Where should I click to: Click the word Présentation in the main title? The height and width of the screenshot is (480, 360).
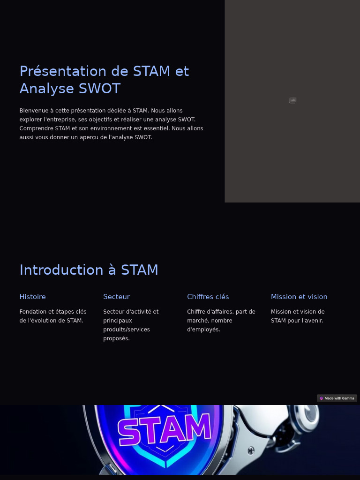pyautogui.click(x=63, y=71)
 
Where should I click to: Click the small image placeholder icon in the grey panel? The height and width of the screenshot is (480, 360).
pyautogui.click(x=292, y=100)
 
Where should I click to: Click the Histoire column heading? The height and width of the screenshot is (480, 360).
pyautogui.click(x=32, y=297)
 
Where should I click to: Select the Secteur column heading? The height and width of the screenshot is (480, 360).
pyautogui.click(x=116, y=297)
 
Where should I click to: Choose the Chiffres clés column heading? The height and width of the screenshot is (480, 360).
pyautogui.click(x=208, y=297)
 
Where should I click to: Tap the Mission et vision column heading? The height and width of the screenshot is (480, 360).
pyautogui.click(x=299, y=297)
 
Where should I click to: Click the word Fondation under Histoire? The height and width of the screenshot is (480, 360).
pyautogui.click(x=33, y=312)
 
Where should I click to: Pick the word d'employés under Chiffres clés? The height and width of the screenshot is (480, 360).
pyautogui.click(x=203, y=330)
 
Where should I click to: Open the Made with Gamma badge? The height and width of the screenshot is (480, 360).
pyautogui.click(x=337, y=398)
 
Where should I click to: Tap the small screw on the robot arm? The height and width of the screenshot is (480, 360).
pyautogui.click(x=251, y=451)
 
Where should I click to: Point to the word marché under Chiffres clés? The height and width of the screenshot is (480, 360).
pyautogui.click(x=197, y=321)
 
